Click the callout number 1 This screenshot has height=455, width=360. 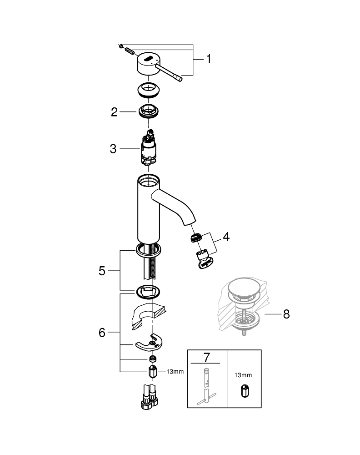click(208, 59)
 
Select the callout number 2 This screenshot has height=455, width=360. click(115, 112)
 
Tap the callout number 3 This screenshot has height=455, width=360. click(113, 149)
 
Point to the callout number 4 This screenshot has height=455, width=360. click(225, 237)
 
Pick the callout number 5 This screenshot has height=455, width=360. click(102, 270)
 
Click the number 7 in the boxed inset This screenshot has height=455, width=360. click(206, 357)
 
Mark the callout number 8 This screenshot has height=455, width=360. click(286, 314)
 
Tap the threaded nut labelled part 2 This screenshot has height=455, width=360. click(149, 111)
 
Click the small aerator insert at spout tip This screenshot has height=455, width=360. click(195, 238)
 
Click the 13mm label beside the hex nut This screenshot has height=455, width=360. click(175, 372)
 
